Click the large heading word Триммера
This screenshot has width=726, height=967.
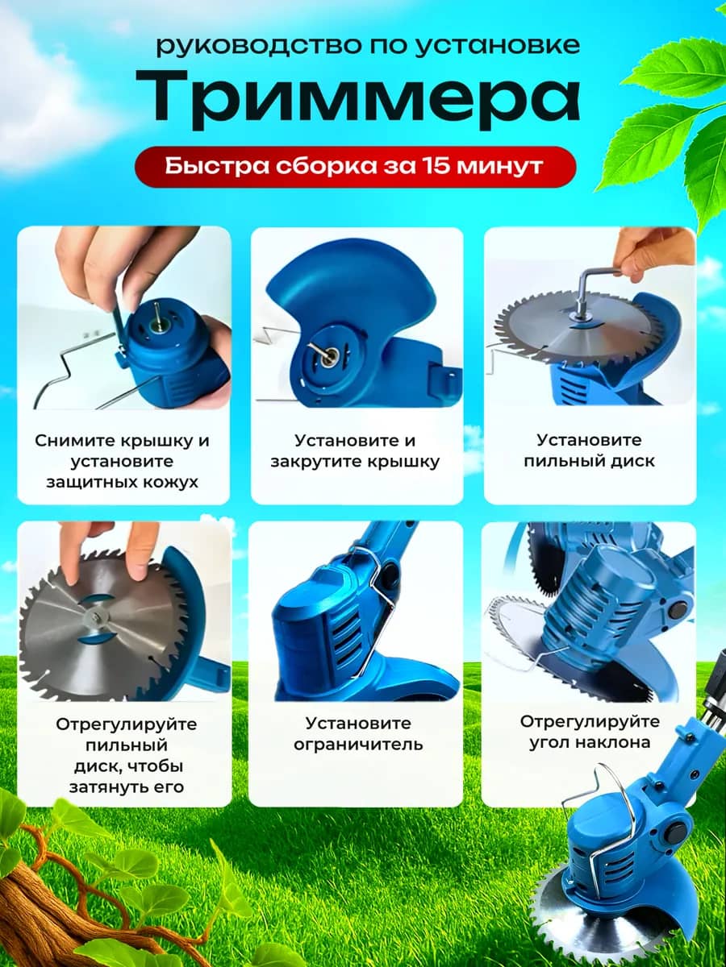click(357, 100)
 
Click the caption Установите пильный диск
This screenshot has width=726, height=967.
click(590, 450)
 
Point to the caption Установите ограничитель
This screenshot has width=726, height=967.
click(358, 733)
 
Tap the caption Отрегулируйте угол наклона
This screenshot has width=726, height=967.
click(590, 732)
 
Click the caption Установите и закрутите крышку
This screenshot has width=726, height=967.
click(355, 450)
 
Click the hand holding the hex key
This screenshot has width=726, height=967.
click(648, 255)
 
